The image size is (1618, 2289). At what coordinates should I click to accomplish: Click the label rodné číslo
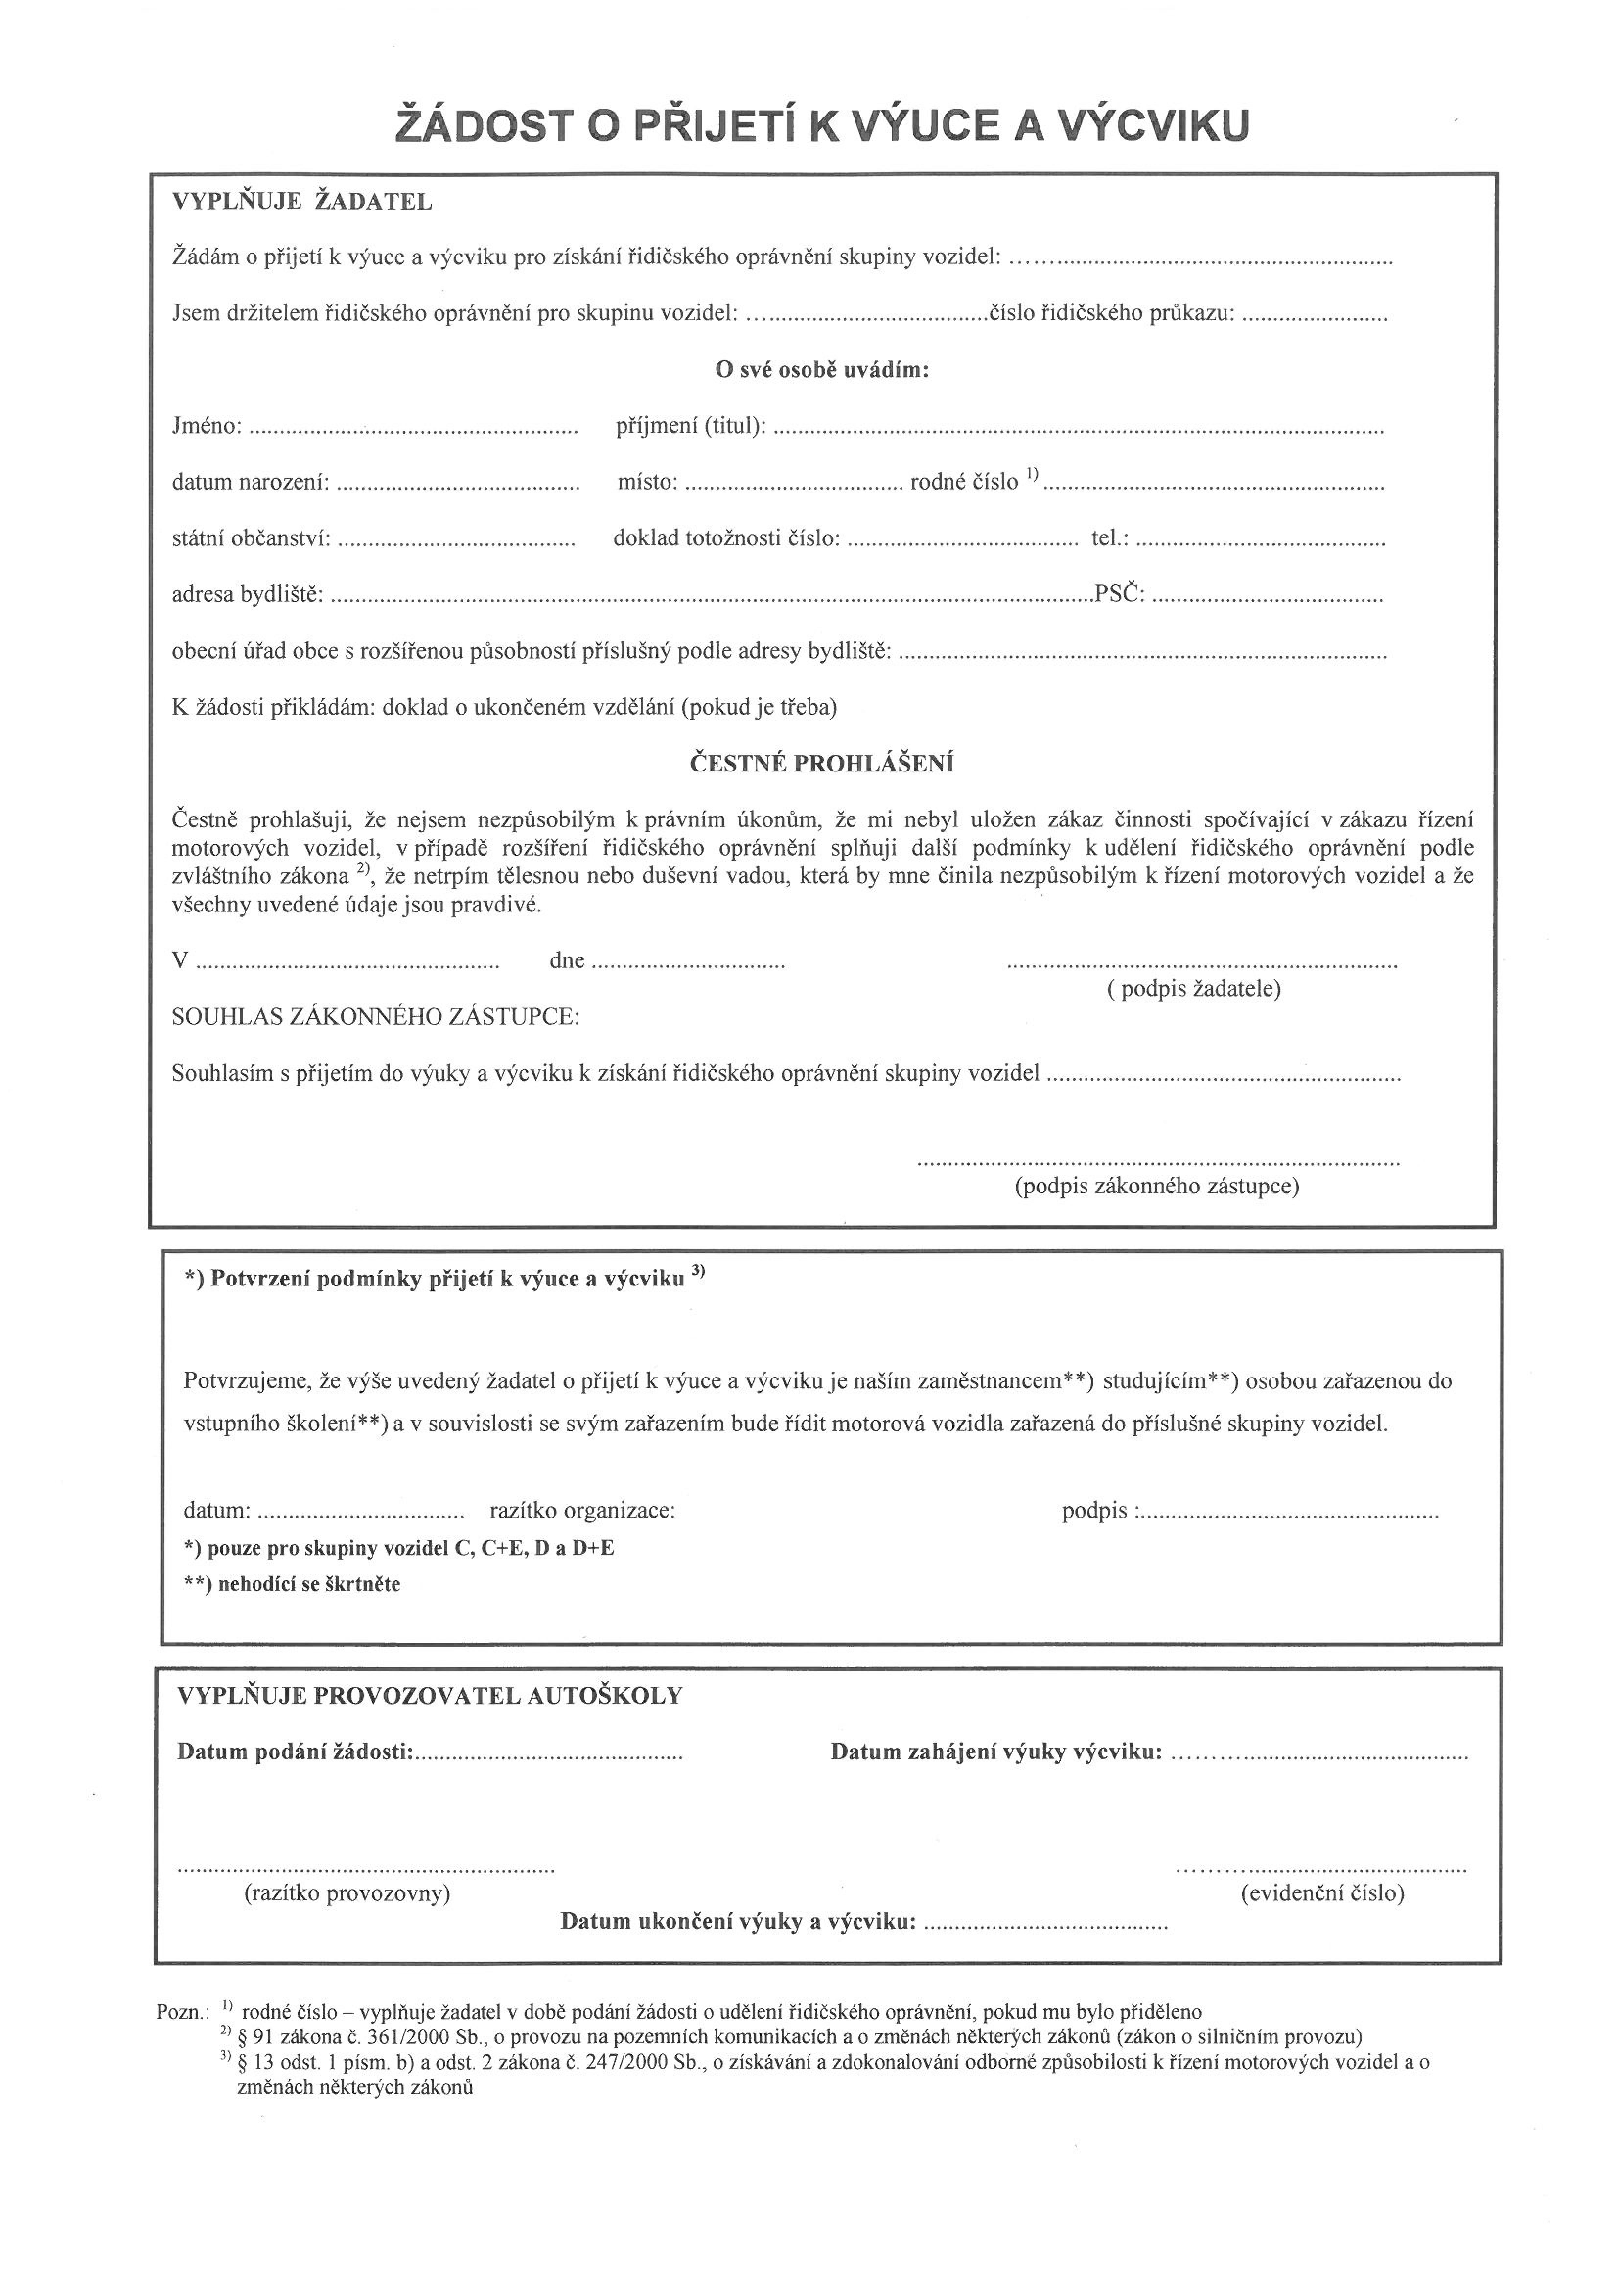pos(964,483)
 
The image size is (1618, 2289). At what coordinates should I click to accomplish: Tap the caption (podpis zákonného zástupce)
pos(1156,1186)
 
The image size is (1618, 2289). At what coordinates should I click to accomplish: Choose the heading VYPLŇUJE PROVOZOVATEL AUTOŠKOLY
pos(430,1696)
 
